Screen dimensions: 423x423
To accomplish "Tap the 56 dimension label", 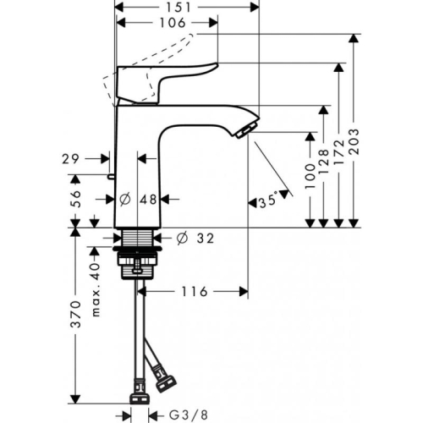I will [x=75, y=200].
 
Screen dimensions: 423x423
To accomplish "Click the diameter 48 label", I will [x=140, y=201].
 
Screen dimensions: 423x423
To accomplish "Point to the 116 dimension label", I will [x=194, y=292].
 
